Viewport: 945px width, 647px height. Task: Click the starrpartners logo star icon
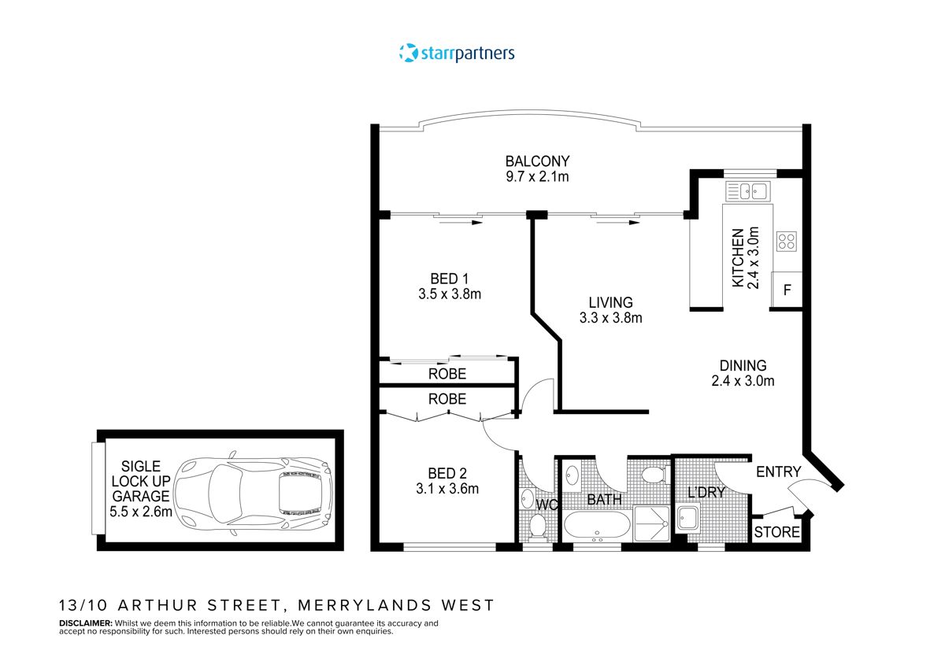tap(407, 53)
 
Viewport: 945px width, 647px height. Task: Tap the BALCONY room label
tap(537, 161)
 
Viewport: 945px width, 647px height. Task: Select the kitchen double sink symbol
tap(747, 190)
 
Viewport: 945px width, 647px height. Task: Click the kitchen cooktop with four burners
tap(787, 241)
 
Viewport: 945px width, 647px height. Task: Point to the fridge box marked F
tap(786, 290)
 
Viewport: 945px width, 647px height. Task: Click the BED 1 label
tap(450, 278)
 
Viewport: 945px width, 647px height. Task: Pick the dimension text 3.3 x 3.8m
tap(610, 319)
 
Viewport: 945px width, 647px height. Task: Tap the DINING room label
tap(743, 365)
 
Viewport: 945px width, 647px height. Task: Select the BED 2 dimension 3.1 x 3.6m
tap(447, 488)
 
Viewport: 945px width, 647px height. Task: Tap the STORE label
tap(777, 533)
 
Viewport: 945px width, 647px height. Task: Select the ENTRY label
tap(778, 472)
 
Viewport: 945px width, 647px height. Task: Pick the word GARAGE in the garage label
tap(140, 496)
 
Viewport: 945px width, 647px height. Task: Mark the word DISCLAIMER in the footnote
tap(86, 623)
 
